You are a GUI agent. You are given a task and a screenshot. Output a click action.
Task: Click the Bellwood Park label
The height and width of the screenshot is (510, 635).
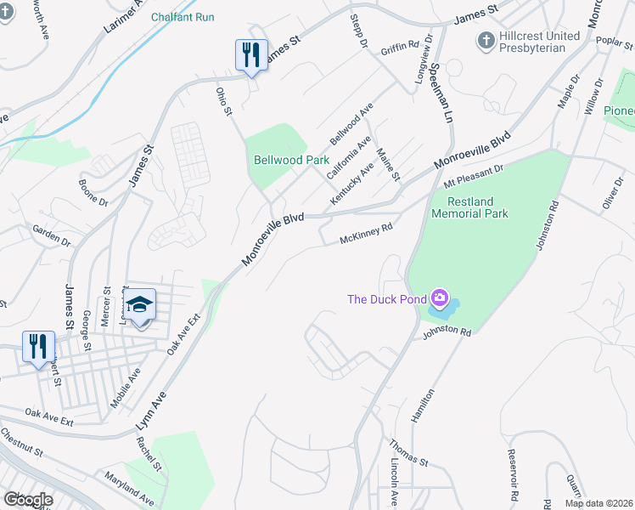pyautogui.click(x=291, y=160)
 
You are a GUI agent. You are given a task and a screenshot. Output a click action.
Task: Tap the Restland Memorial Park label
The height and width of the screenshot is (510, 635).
pyautogui.click(x=469, y=207)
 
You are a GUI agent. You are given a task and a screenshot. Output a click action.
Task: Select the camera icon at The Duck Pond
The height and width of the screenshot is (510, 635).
pyautogui.click(x=440, y=297)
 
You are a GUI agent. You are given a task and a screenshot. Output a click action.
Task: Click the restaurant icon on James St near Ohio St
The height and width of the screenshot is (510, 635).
pyautogui.click(x=251, y=55)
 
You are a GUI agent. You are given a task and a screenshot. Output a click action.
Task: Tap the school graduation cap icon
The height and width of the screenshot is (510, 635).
pyautogui.click(x=138, y=305)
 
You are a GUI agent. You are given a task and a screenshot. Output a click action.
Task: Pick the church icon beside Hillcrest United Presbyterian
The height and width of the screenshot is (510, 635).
pyautogui.click(x=486, y=40)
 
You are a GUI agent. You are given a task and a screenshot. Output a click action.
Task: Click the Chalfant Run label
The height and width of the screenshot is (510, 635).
pyautogui.click(x=183, y=17)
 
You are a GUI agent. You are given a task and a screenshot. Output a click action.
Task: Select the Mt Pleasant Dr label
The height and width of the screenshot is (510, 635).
pyautogui.click(x=473, y=175)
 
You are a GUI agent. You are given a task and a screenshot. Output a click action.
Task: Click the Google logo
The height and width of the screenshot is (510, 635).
pyautogui.click(x=28, y=500)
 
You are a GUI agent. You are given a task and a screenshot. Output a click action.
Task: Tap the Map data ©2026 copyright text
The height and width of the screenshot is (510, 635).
pyautogui.click(x=598, y=503)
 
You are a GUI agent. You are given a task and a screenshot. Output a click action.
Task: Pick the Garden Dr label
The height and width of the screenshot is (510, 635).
pyautogui.click(x=51, y=235)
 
